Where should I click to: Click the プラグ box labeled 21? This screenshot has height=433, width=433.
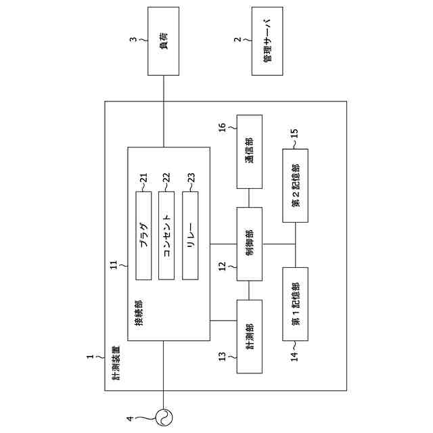(x=144, y=235)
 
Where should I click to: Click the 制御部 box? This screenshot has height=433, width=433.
(x=250, y=244)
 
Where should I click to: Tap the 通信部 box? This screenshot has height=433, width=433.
(x=250, y=152)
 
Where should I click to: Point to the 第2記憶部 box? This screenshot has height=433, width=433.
(x=295, y=185)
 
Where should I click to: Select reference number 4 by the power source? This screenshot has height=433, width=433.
(x=133, y=417)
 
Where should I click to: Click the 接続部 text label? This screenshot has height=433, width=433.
(x=139, y=313)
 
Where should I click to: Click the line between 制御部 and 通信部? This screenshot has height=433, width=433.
(x=250, y=198)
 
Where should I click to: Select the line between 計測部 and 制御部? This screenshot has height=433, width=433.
(x=250, y=290)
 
